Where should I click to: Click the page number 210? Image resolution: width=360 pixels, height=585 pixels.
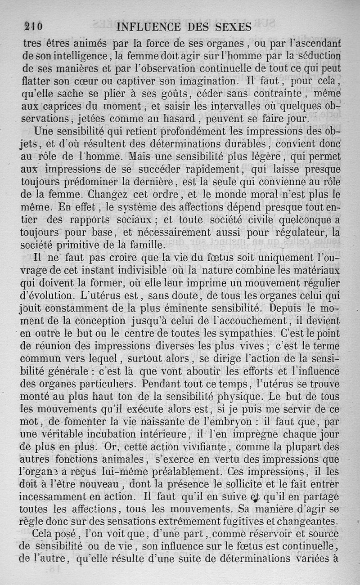[x=33, y=27]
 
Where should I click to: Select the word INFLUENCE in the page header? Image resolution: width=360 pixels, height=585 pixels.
[x=148, y=27]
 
